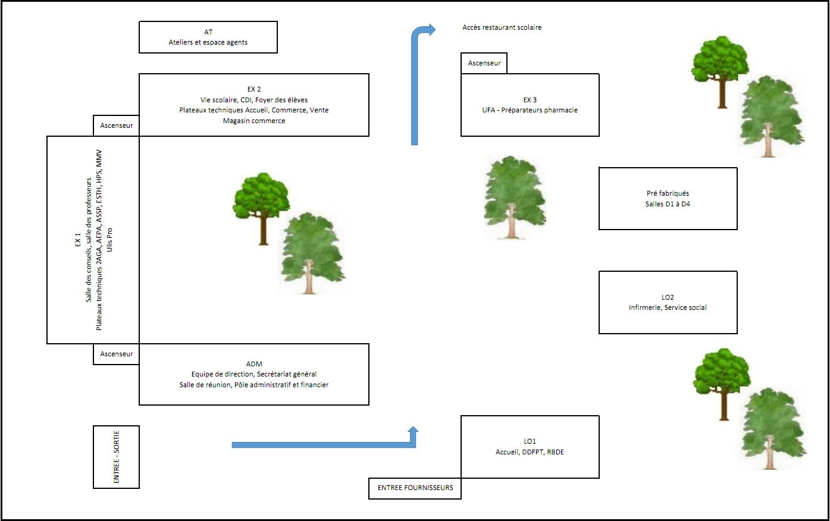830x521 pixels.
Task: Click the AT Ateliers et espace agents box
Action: pyautogui.click(x=208, y=37)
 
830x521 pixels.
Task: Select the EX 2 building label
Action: pyautogui.click(x=254, y=89)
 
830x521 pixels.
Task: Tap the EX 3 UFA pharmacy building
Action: pyautogui.click(x=530, y=105)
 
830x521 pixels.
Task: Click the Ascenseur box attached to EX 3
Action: pyautogui.click(x=484, y=63)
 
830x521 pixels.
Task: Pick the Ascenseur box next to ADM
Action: pyautogui.click(x=117, y=354)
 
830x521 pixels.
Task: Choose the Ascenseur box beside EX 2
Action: pyautogui.click(x=117, y=125)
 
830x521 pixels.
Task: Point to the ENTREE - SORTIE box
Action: pyautogui.click(x=117, y=457)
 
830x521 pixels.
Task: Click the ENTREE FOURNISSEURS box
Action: pyautogui.click(x=415, y=488)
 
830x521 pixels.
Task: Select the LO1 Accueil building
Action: pyautogui.click(x=530, y=447)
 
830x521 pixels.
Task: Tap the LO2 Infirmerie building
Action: pyautogui.click(x=668, y=302)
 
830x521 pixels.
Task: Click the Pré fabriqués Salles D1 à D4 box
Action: pyautogui.click(x=668, y=199)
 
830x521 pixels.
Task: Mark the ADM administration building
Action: pyautogui.click(x=254, y=374)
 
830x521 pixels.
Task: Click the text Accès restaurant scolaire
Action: pyautogui.click(x=502, y=27)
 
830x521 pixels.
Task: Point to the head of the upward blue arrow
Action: pyautogui.click(x=430, y=30)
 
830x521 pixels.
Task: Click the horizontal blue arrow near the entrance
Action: pyautogui.click(x=321, y=445)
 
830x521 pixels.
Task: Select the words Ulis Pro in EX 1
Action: pyautogui.click(x=109, y=239)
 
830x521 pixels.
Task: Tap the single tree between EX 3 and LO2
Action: pyautogui.click(x=513, y=197)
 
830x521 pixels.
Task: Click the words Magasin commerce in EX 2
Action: pyautogui.click(x=254, y=121)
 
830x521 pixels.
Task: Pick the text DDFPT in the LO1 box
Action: pyautogui.click(x=533, y=452)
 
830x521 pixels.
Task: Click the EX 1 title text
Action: pyautogui.click(x=77, y=239)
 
